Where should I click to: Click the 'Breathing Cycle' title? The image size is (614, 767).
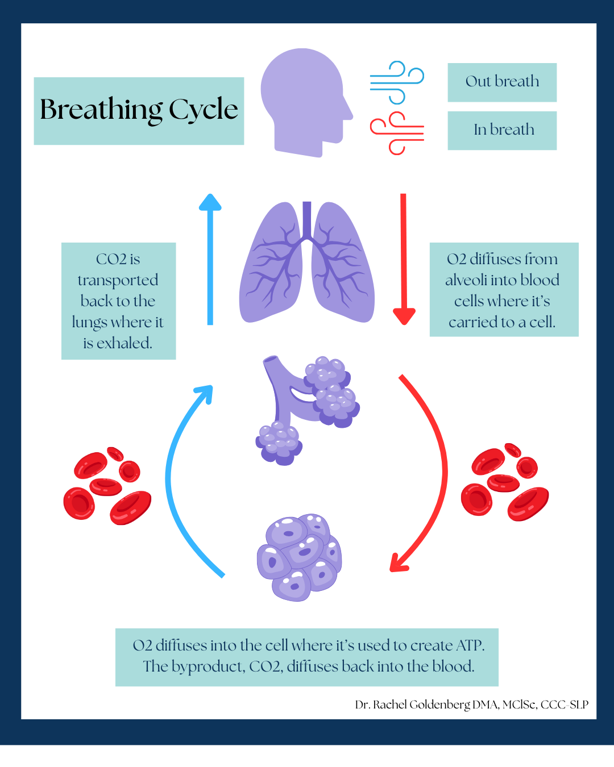[139, 110]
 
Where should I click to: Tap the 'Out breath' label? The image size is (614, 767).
[502, 82]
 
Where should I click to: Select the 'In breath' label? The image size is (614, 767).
[503, 130]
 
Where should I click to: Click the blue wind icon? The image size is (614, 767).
[397, 83]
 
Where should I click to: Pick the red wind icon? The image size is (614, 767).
[397, 133]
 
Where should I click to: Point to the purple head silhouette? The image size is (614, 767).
[304, 99]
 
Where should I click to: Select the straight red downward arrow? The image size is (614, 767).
[404, 259]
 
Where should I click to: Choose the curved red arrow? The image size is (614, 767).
[438, 472]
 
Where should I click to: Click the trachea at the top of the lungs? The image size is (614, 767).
[307, 219]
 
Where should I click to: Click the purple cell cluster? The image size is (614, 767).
[299, 557]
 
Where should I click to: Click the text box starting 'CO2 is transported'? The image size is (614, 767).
[118, 301]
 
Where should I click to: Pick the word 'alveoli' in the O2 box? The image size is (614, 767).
[466, 280]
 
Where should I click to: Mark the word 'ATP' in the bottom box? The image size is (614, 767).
[469, 646]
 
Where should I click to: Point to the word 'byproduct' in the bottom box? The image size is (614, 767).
[208, 666]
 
